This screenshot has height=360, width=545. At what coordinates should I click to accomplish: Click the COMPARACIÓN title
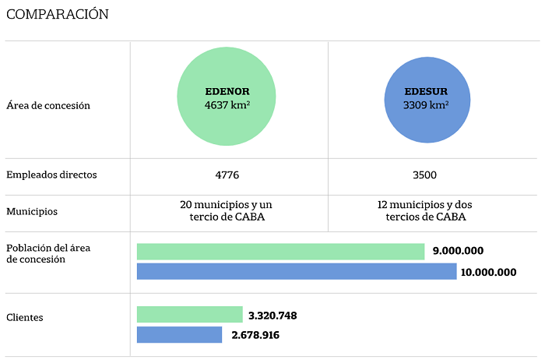point(58,14)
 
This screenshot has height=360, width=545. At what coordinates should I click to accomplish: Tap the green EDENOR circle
point(227,97)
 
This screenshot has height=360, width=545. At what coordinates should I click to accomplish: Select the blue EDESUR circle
point(427,100)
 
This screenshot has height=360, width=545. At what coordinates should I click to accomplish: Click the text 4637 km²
point(227,104)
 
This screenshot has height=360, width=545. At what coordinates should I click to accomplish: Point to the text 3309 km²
point(426,104)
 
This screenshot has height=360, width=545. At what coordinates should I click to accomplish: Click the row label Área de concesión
point(48,105)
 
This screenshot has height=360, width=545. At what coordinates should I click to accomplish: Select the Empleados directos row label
point(51,175)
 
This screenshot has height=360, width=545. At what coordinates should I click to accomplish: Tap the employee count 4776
point(227,175)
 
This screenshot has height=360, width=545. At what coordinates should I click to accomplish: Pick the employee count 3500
point(424,175)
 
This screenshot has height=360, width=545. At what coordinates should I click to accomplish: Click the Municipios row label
point(32,211)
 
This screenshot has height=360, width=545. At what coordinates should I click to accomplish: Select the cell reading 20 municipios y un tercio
point(227,210)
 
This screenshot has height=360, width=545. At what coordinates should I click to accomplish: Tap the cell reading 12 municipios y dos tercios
point(425,210)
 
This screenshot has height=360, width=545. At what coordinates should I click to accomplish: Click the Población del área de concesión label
point(48,253)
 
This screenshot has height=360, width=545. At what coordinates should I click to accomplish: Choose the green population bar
point(280,252)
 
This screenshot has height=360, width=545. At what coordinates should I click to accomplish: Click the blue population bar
point(297,271)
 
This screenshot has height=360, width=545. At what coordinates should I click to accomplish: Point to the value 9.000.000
point(458,251)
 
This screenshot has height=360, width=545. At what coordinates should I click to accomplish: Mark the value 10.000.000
point(488,272)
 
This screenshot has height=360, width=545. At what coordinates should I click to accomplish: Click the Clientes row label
point(25,317)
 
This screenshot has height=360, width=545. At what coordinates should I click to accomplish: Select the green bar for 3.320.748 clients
point(190,315)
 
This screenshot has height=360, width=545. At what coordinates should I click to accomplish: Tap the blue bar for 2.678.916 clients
point(179,334)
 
